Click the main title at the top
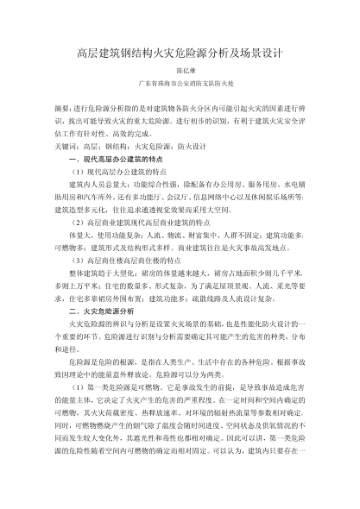(180, 53)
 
